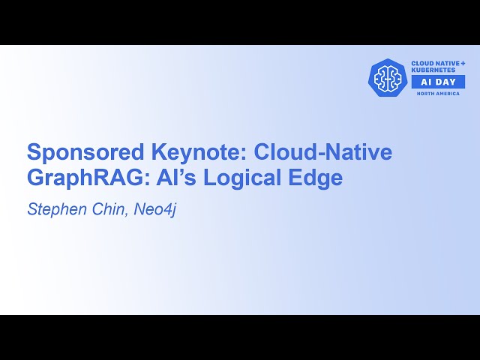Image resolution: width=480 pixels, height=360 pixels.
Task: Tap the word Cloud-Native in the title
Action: [323, 152]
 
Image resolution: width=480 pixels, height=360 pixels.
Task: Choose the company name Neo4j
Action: [154, 209]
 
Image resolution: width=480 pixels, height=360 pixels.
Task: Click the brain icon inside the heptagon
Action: [388, 77]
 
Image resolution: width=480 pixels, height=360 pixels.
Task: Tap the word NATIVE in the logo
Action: [448, 63]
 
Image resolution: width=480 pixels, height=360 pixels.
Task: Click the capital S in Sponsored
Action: [34, 152]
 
